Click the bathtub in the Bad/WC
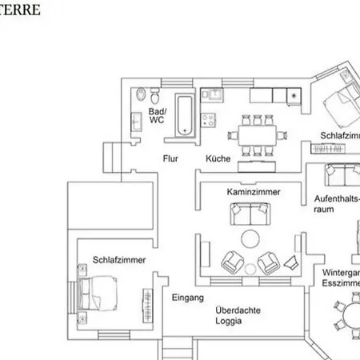[x=185, y=114]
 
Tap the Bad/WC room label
[x=157, y=114]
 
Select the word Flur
[x=170, y=158]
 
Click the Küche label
[x=218, y=158]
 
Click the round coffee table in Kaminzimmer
[x=250, y=238]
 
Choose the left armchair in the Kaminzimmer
[x=232, y=261]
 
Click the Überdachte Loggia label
[x=238, y=316]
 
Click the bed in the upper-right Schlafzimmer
[x=339, y=106]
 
